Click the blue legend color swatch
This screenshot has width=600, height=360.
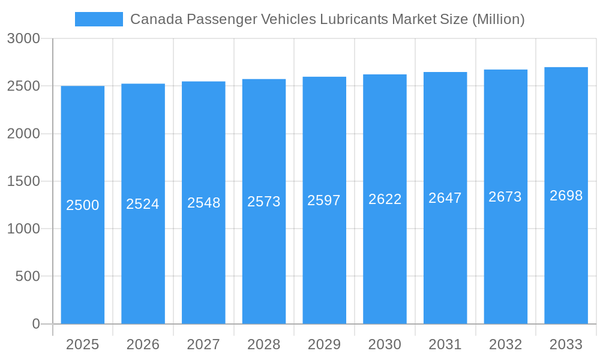[98, 19]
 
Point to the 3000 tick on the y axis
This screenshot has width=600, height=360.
[23, 38]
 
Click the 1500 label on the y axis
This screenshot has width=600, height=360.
[23, 181]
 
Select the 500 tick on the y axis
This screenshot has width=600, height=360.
[28, 277]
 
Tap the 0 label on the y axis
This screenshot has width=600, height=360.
[35, 324]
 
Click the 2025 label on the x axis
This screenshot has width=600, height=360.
[82, 344]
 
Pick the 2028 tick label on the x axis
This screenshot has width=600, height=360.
[263, 344]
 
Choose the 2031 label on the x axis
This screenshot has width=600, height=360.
[445, 344]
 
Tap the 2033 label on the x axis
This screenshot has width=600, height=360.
[566, 344]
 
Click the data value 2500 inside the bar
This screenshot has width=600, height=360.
[82, 205]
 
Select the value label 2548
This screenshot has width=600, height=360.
[203, 203]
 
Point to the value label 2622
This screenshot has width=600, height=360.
[385, 199]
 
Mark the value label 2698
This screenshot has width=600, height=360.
[566, 196]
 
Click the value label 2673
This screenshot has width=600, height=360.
[505, 197]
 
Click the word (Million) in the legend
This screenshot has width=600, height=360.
[498, 19]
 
